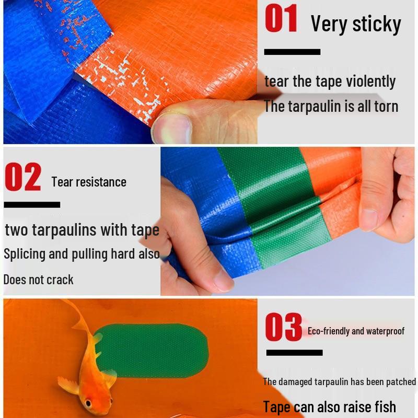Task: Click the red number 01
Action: point(281,19)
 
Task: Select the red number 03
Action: point(283,328)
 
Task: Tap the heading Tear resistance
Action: point(89,182)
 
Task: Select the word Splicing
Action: point(25,254)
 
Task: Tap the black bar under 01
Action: point(292,52)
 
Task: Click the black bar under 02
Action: point(31,204)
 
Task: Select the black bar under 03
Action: point(294,353)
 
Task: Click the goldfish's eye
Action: point(87,403)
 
